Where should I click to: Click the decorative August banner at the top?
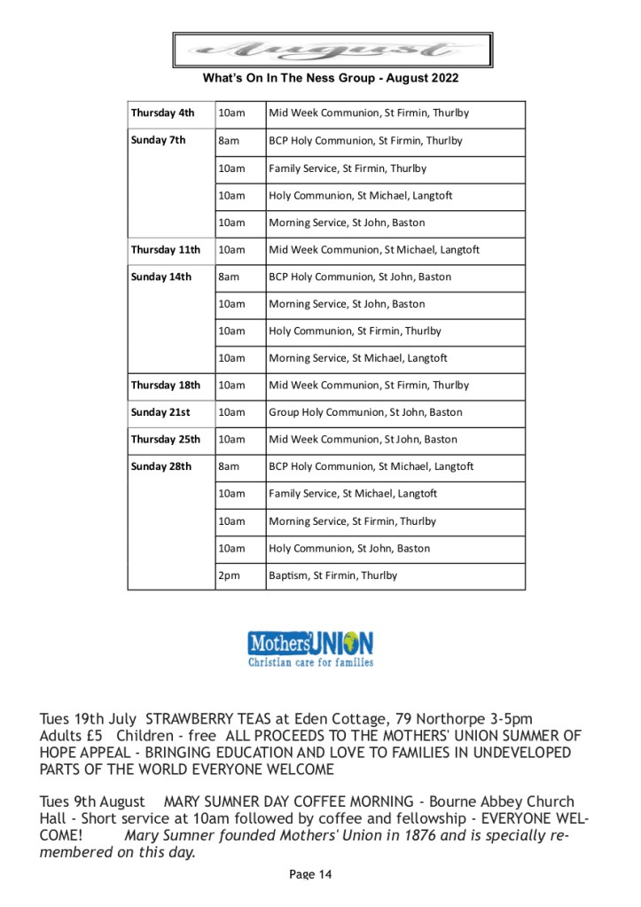tap(332, 50)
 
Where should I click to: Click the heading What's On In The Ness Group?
tap(331, 79)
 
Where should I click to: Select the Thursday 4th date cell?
tap(163, 113)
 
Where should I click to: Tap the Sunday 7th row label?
tap(159, 141)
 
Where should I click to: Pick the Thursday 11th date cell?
tap(166, 250)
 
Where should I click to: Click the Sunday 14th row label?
tap(161, 278)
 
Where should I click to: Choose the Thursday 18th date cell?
tap(166, 386)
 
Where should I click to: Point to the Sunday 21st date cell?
tap(160, 413)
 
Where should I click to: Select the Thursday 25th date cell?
tap(166, 440)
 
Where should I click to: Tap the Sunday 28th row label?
tap(161, 467)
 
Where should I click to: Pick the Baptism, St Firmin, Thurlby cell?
tap(333, 576)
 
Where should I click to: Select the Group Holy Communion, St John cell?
tap(365, 413)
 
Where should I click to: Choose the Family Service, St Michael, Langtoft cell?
tap(353, 494)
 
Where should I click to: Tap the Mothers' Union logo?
tap(310, 642)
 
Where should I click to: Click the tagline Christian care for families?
tap(310, 662)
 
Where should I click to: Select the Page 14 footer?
tap(310, 875)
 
